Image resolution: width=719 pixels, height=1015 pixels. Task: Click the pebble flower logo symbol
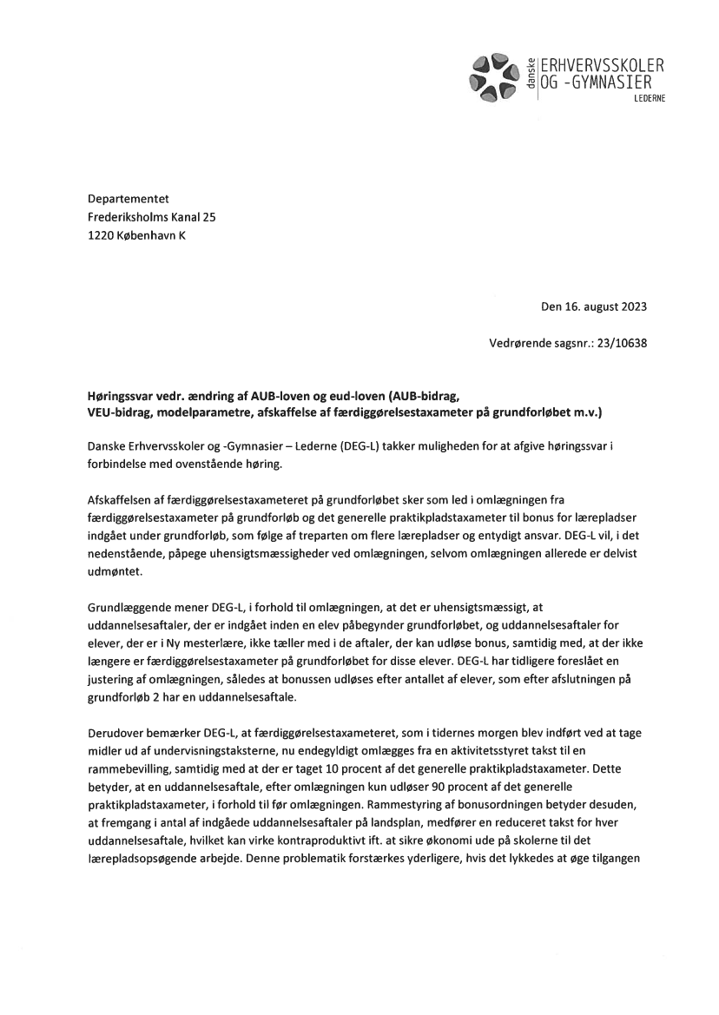(491, 74)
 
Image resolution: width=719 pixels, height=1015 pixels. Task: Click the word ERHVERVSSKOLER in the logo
(602, 66)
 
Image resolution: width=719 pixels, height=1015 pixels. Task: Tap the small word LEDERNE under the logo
(650, 99)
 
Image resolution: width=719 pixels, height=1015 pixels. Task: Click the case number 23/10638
(616, 342)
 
